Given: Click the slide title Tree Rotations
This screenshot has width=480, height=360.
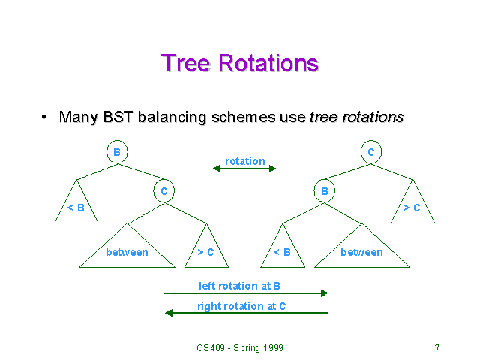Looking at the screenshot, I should click(x=240, y=62).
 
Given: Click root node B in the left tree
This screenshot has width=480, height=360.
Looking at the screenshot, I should click(x=117, y=152).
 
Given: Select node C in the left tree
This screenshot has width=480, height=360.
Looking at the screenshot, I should click(x=164, y=191).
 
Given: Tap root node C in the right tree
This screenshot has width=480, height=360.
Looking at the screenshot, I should click(x=370, y=152).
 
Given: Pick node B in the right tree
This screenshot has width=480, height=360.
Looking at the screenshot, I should click(x=325, y=191).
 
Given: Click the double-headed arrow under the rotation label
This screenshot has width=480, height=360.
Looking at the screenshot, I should click(x=244, y=169).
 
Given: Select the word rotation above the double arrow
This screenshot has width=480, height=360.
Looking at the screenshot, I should click(x=244, y=161).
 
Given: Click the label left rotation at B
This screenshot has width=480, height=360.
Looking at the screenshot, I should click(x=239, y=286).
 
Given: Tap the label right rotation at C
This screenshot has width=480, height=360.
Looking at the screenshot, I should click(x=241, y=306).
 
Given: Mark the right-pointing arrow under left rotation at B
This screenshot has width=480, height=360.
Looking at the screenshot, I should click(x=246, y=293).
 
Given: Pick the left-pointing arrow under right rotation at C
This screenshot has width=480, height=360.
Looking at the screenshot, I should click(x=246, y=313).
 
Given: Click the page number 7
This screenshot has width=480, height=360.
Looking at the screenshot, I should click(x=436, y=348).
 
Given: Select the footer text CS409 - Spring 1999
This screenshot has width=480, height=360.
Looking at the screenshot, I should click(x=240, y=348).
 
